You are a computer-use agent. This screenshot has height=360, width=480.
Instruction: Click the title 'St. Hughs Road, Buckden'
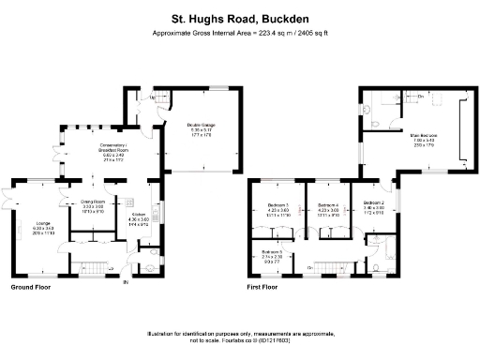point(240,17)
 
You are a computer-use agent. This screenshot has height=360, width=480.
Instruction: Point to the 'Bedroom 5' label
point(271,251)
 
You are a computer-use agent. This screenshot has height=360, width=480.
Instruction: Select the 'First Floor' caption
point(264,286)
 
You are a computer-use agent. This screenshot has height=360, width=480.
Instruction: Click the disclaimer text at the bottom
point(240,338)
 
